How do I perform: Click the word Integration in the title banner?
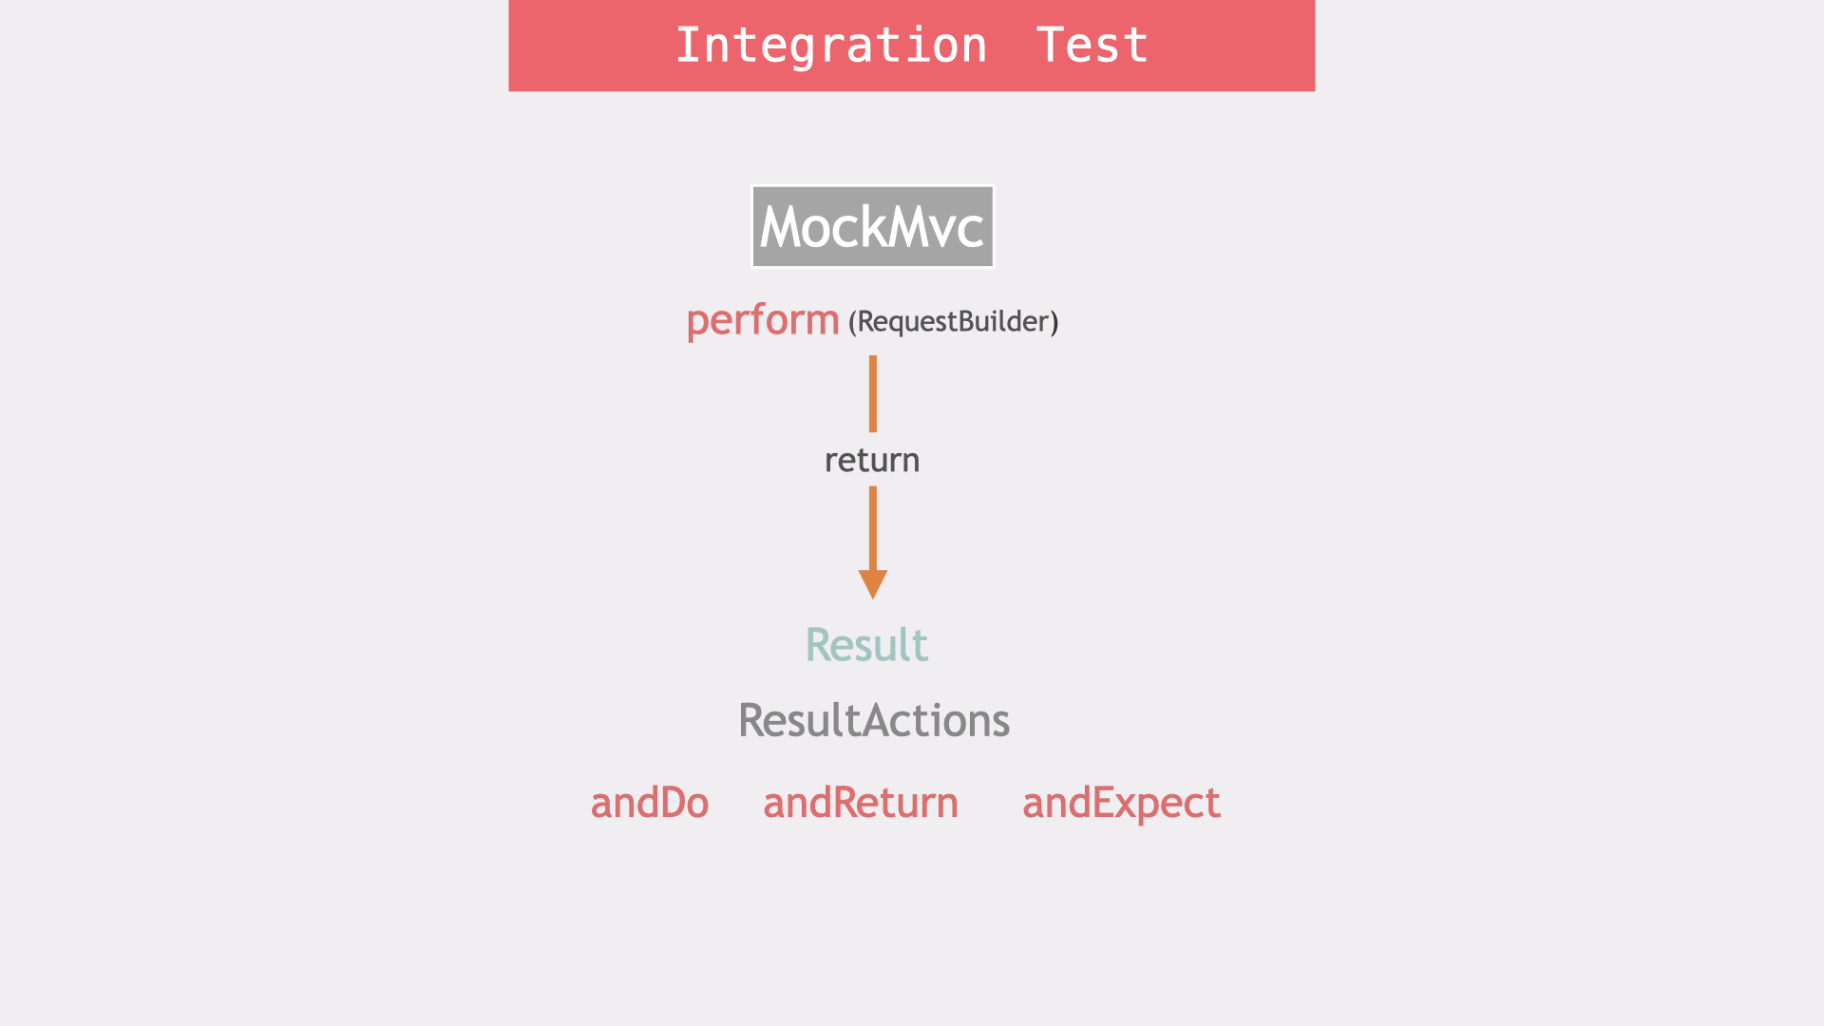point(831,46)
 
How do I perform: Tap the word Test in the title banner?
point(1092,46)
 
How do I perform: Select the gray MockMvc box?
point(872,227)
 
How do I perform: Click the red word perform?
point(762,321)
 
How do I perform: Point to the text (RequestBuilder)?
point(953,322)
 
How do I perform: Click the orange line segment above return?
point(872,393)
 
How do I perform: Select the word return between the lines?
point(872,461)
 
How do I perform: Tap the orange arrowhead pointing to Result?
point(872,583)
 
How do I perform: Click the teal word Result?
point(866,645)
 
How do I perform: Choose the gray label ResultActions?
point(874,721)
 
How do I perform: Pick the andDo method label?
point(650,804)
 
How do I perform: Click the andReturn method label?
point(861,804)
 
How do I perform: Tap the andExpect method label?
point(1121,804)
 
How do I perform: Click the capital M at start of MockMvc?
point(782,228)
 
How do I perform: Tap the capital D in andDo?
point(672,804)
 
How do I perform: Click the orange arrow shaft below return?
point(872,528)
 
